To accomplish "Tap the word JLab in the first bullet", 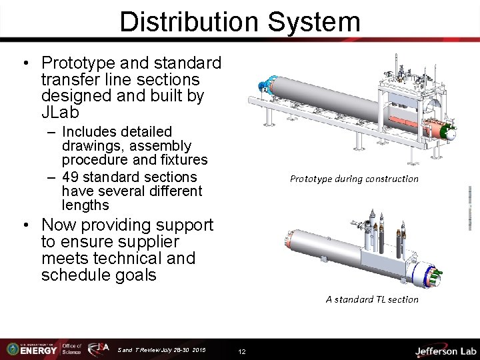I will pyautogui.click(x=63, y=113).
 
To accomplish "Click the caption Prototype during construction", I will pyautogui.click(x=354, y=179).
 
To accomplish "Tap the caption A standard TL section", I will pyautogui.click(x=372, y=299).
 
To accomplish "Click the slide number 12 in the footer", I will pyautogui.click(x=242, y=351).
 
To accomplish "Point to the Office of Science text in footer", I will pyautogui.click(x=71, y=349).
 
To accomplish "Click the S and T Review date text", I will pyautogui.click(x=161, y=349).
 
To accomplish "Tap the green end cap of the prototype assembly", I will pyautogui.click(x=451, y=133).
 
